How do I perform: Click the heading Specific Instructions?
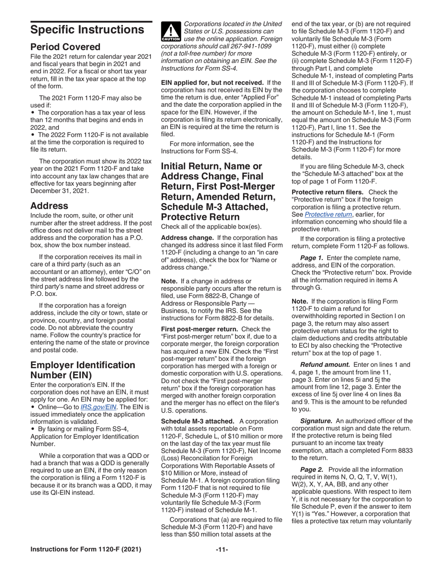[87, 30]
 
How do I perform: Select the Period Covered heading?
[65, 47]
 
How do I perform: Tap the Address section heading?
[49, 206]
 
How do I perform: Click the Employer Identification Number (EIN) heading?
[82, 370]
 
